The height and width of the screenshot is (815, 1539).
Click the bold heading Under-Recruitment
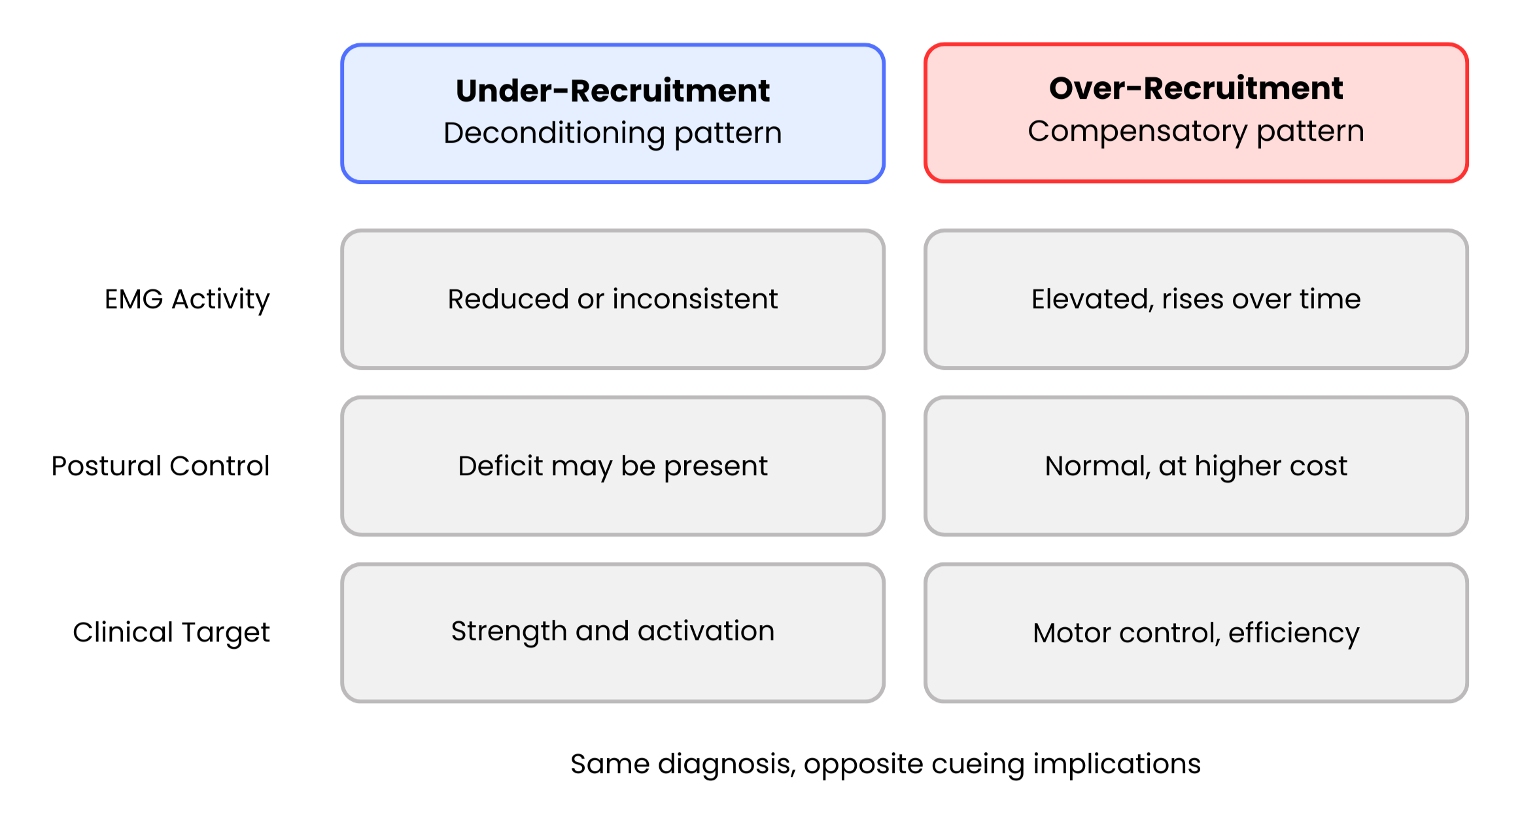[613, 90]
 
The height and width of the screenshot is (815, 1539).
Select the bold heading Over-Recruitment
[1196, 88]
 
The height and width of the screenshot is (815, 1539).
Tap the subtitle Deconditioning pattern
[613, 133]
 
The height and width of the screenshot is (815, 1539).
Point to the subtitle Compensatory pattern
[1196, 131]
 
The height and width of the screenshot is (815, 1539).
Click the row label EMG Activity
[187, 299]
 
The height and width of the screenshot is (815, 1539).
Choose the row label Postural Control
[160, 466]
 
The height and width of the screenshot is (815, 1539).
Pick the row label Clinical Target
[171, 632]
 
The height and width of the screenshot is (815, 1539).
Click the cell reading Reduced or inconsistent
[613, 299]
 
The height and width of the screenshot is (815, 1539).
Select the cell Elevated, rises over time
[1196, 299]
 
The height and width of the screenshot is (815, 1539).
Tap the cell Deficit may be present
[613, 466]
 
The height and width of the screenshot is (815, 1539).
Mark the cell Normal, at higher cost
[1196, 466]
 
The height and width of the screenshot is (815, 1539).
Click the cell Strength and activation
[613, 632]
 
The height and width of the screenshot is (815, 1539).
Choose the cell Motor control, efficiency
[1196, 632]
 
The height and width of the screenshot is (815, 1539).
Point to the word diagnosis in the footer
[727, 765]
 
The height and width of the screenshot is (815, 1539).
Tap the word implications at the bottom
[1116, 765]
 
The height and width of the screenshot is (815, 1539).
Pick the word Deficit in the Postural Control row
[500, 466]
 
